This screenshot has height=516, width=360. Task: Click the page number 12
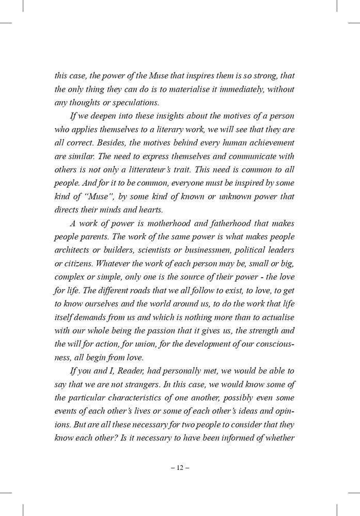180,469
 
